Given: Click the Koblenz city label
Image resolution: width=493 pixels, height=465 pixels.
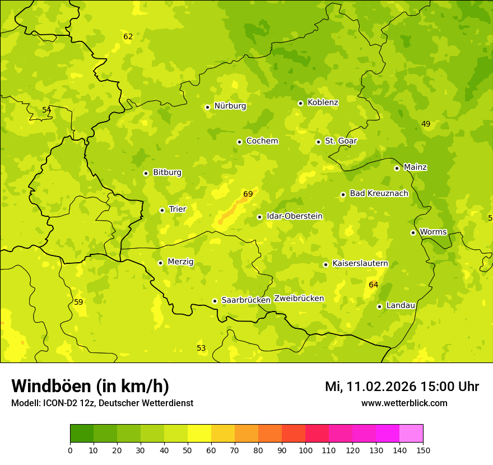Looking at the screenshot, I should click(x=323, y=103).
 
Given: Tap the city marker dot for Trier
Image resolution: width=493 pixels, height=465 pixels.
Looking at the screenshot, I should click(x=162, y=210).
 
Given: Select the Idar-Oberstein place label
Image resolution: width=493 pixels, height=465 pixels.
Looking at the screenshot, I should click(x=295, y=216).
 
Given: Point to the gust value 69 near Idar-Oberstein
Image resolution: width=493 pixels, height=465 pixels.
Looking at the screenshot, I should click(x=248, y=194).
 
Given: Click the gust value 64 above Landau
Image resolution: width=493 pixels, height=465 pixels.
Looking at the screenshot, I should click(x=373, y=285).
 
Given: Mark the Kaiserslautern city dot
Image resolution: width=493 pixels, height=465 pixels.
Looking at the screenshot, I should click(x=325, y=264).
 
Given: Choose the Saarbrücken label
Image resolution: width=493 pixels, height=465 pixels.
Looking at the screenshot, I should click(x=246, y=300).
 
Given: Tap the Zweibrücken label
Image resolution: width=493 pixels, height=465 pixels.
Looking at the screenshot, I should click(x=299, y=299).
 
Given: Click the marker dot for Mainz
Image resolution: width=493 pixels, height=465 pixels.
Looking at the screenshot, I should click(x=397, y=168).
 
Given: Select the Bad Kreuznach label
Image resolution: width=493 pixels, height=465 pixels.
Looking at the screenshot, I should click(x=379, y=194).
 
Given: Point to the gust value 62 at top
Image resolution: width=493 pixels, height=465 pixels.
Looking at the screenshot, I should click(x=128, y=37).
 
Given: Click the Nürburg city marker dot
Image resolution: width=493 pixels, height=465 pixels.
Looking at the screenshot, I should click(x=207, y=107).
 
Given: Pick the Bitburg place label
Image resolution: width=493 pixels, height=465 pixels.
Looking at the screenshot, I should click(x=167, y=173).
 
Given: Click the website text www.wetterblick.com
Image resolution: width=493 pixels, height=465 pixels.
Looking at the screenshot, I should click(x=404, y=403).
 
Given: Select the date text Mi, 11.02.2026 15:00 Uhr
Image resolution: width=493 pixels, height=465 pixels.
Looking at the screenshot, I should click(x=402, y=387).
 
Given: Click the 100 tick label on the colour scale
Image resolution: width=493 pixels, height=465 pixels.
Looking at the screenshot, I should click(x=305, y=450).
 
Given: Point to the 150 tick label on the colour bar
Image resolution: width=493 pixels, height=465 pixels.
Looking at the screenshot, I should click(x=423, y=450).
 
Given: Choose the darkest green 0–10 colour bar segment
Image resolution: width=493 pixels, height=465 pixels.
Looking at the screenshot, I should click(x=82, y=434).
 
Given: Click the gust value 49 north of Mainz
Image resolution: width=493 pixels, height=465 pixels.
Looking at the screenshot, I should click(x=426, y=124).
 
